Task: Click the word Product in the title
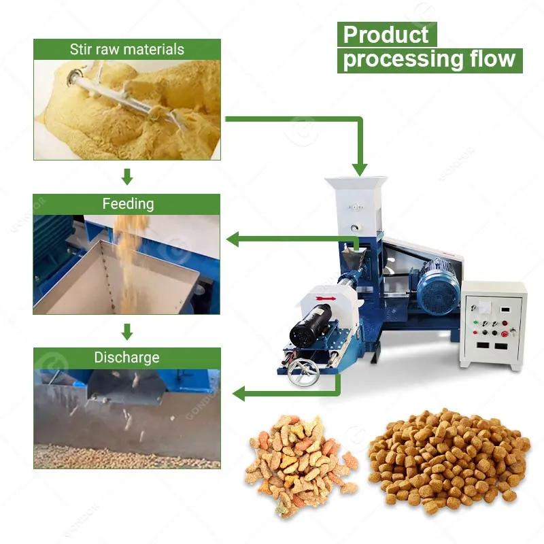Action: tap(386, 35)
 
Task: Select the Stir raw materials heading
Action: tap(127, 49)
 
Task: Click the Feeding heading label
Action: tap(128, 203)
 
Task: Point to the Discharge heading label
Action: tap(127, 358)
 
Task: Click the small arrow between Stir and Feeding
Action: tap(127, 177)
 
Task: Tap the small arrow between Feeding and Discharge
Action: tap(127, 332)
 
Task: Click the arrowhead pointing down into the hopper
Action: tap(360, 170)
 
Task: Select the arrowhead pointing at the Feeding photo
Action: tap(233, 239)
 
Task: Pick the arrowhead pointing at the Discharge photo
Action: tap(239, 394)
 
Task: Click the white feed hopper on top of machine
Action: tap(355, 205)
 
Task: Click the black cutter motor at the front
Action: tap(311, 326)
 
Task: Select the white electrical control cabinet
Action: tap(492, 325)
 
